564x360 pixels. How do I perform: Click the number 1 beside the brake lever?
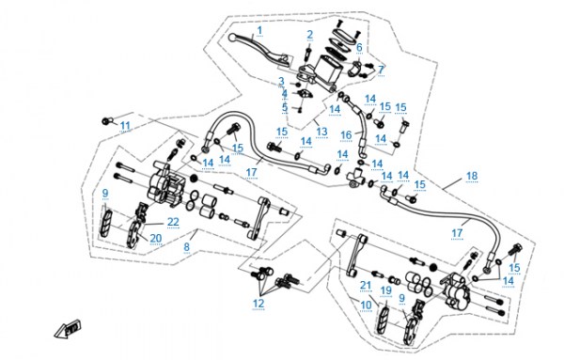click(259, 31)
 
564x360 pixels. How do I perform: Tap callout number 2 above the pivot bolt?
click(309, 35)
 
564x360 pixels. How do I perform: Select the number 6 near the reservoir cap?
click(359, 48)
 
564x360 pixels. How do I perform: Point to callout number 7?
click(382, 70)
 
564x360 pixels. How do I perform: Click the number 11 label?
click(125, 126)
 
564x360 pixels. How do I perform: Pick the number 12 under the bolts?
click(258, 304)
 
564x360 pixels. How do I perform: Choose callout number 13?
click(321, 132)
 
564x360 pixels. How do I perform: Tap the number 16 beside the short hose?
click(346, 135)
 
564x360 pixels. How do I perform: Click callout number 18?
click(472, 176)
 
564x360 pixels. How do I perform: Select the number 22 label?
click(173, 222)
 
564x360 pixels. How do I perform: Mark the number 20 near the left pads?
click(156, 238)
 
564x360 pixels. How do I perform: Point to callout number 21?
click(366, 286)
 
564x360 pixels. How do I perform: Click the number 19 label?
click(386, 290)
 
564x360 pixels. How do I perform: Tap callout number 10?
click(366, 305)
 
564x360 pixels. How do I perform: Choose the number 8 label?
click(186, 247)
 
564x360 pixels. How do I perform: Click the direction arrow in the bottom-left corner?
click(68, 328)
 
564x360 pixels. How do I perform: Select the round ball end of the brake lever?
click(233, 37)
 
